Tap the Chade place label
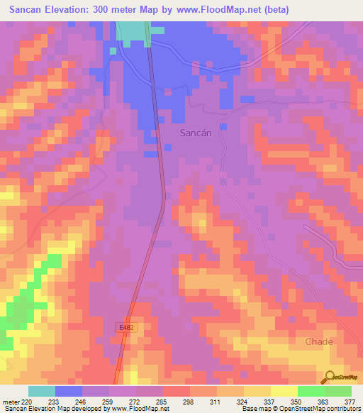318,341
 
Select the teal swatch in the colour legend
42,391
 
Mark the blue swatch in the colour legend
69,391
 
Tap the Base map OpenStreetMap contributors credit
300,409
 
